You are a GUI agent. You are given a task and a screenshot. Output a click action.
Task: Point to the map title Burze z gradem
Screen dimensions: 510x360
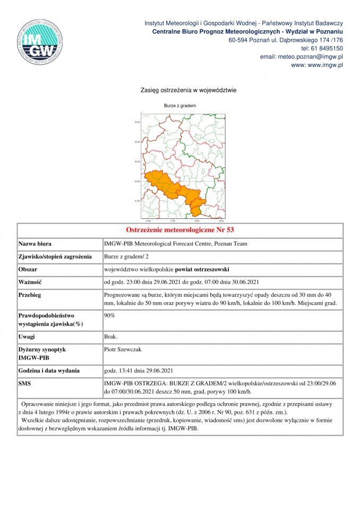pos(180,106)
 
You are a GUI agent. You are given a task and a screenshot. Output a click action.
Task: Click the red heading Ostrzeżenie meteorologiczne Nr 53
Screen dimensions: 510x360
pos(180,230)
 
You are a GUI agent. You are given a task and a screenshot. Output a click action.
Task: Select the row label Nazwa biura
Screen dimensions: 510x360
pos(35,244)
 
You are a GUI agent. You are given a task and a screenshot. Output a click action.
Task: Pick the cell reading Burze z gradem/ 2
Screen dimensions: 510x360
pos(126,257)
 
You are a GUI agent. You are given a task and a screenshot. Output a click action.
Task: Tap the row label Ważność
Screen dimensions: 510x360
pos(30,282)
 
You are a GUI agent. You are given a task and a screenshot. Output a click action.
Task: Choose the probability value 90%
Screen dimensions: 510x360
pos(110,315)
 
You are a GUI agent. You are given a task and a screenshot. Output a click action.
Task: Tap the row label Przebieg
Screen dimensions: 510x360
pos(30,295)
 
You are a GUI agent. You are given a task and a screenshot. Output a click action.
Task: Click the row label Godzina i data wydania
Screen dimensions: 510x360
pos(49,370)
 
